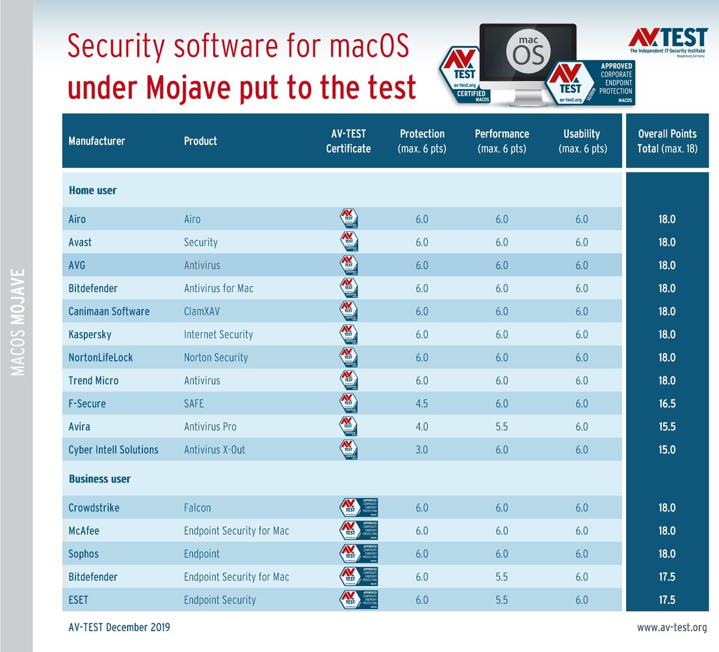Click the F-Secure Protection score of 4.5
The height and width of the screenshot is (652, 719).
(422, 404)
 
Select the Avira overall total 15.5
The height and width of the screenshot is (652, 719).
(667, 426)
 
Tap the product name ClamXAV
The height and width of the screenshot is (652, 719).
(202, 311)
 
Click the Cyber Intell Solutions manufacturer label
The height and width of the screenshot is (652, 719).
(113, 450)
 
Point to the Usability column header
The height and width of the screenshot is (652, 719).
(581, 140)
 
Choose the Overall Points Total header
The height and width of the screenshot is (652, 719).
(667, 140)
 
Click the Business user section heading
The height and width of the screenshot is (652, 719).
(99, 479)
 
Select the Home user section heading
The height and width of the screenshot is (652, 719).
(92, 191)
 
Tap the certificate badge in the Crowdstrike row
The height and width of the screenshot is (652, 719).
(359, 508)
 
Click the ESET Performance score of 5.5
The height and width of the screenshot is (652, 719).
(501, 600)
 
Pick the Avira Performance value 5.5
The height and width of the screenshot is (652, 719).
(501, 426)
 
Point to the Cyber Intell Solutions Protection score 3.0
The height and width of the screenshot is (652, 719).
(422, 450)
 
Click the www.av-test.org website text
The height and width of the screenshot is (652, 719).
(672, 627)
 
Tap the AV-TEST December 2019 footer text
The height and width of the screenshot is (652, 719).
(119, 627)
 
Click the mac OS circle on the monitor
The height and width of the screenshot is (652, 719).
(528, 51)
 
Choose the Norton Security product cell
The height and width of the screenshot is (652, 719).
(216, 358)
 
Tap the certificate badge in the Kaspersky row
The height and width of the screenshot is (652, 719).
(349, 335)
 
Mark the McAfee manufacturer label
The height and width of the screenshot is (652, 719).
(84, 531)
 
